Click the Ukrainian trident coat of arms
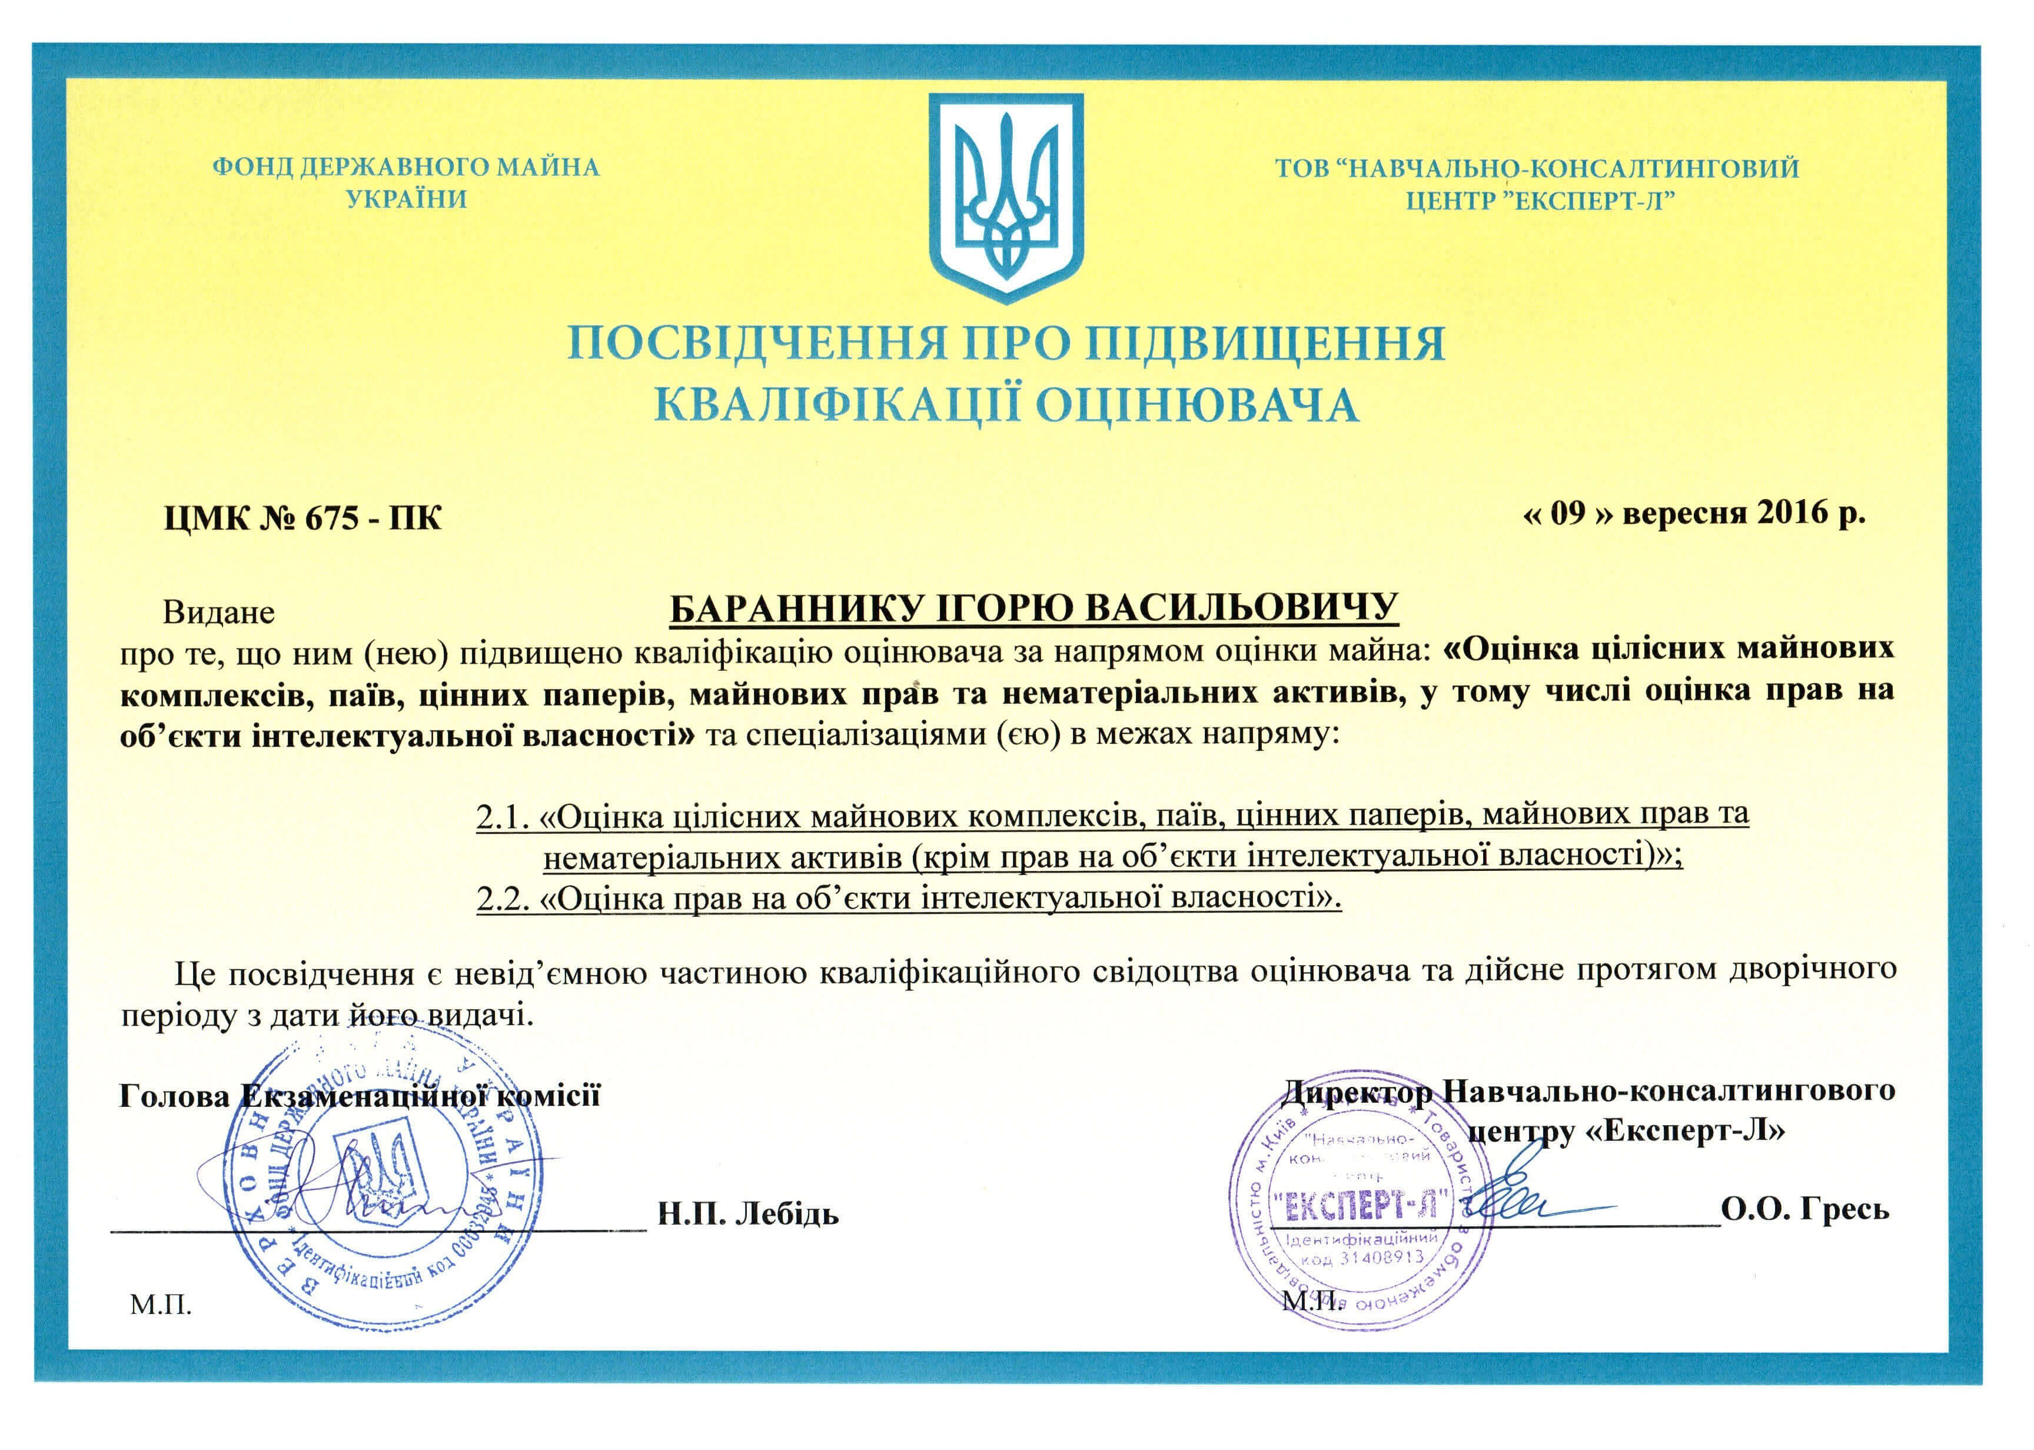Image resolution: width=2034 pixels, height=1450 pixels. (1006, 197)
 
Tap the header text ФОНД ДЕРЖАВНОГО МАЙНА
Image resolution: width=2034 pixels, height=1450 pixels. (406, 167)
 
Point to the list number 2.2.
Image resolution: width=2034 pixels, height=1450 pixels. (504, 898)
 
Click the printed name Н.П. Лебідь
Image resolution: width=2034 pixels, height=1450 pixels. (748, 1214)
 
